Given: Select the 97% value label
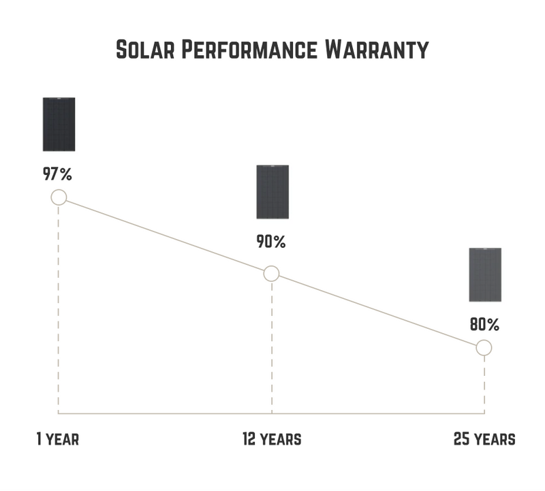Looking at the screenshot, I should tap(57, 174).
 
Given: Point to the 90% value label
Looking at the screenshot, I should tap(271, 242).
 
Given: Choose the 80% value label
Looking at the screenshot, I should tap(484, 324).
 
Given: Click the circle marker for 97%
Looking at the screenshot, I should tap(59, 197).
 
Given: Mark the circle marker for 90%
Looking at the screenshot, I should tap(271, 274).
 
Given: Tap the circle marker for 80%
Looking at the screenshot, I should tap(484, 348).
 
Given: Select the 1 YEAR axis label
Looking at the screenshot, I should tap(58, 439).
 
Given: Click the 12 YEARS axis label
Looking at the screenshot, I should tap(272, 439).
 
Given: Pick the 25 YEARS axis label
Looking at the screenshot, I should tap(484, 439).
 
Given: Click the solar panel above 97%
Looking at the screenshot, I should tap(59, 124).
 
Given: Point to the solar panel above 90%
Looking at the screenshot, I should tap(272, 192).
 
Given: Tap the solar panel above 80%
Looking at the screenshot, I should tap(485, 274).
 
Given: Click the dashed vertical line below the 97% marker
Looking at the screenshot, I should tap(59, 306).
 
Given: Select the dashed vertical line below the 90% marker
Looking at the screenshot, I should tap(272, 344).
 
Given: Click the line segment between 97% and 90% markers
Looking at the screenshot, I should tap(165, 236).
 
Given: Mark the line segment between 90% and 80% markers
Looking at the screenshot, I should tap(377, 311).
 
